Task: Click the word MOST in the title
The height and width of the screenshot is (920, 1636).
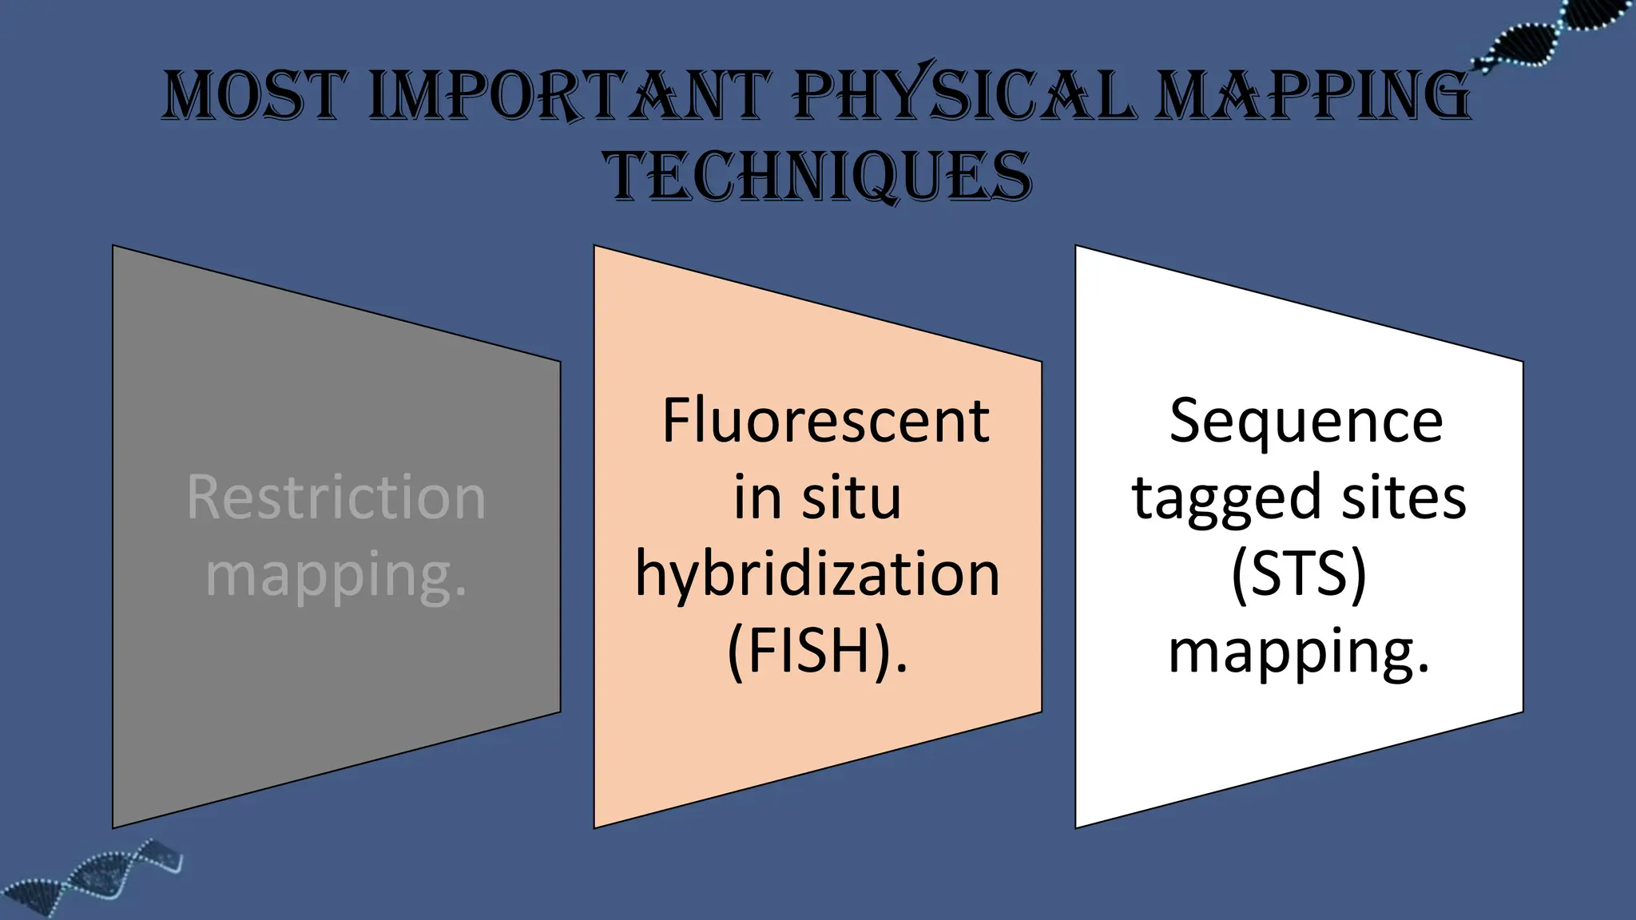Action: click(x=255, y=96)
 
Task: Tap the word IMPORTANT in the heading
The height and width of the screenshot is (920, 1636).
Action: click(x=570, y=96)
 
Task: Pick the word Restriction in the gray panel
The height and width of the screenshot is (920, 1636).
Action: click(x=336, y=498)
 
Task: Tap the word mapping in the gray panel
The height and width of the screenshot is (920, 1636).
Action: click(x=329, y=575)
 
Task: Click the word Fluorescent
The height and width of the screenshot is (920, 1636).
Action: click(x=825, y=421)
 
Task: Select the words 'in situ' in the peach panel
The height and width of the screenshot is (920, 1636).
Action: click(x=818, y=498)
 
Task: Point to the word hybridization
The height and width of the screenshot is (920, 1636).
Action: click(x=818, y=574)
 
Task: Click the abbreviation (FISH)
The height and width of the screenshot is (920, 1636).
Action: click(x=811, y=651)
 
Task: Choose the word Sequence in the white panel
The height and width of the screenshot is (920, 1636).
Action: click(x=1306, y=421)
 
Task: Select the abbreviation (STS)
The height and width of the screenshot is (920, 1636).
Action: click(x=1299, y=574)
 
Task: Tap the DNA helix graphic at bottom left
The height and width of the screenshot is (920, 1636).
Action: click(x=96, y=878)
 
